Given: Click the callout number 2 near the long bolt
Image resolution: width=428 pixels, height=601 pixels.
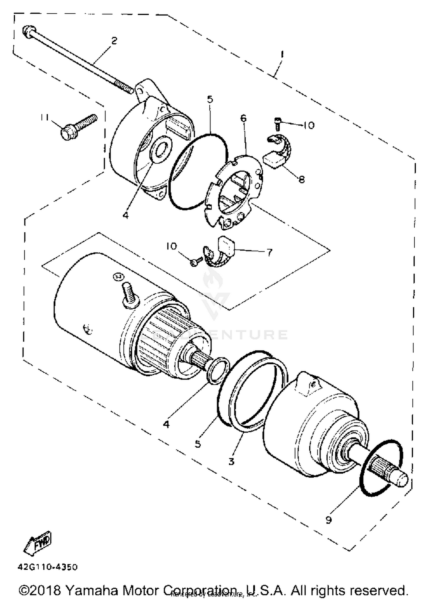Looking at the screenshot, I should (x=114, y=40).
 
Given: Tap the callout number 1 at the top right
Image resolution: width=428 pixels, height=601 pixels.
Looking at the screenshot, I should (x=282, y=54).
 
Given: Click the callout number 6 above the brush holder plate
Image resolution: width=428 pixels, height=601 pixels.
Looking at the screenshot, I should (x=243, y=118).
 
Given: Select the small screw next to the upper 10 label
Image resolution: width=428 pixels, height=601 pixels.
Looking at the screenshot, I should (x=277, y=123).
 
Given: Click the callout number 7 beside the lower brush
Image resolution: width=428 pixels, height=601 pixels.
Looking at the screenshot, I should (x=269, y=252).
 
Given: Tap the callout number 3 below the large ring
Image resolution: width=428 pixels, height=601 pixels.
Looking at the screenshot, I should (x=231, y=461).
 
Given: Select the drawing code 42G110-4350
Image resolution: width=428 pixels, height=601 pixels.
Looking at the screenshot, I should (x=48, y=567).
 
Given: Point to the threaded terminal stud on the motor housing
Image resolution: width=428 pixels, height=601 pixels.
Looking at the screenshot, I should (x=129, y=294).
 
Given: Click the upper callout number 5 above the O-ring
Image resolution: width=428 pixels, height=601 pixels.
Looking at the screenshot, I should (x=210, y=99).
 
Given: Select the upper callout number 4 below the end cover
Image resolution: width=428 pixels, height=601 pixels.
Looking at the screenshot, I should (x=126, y=215).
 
